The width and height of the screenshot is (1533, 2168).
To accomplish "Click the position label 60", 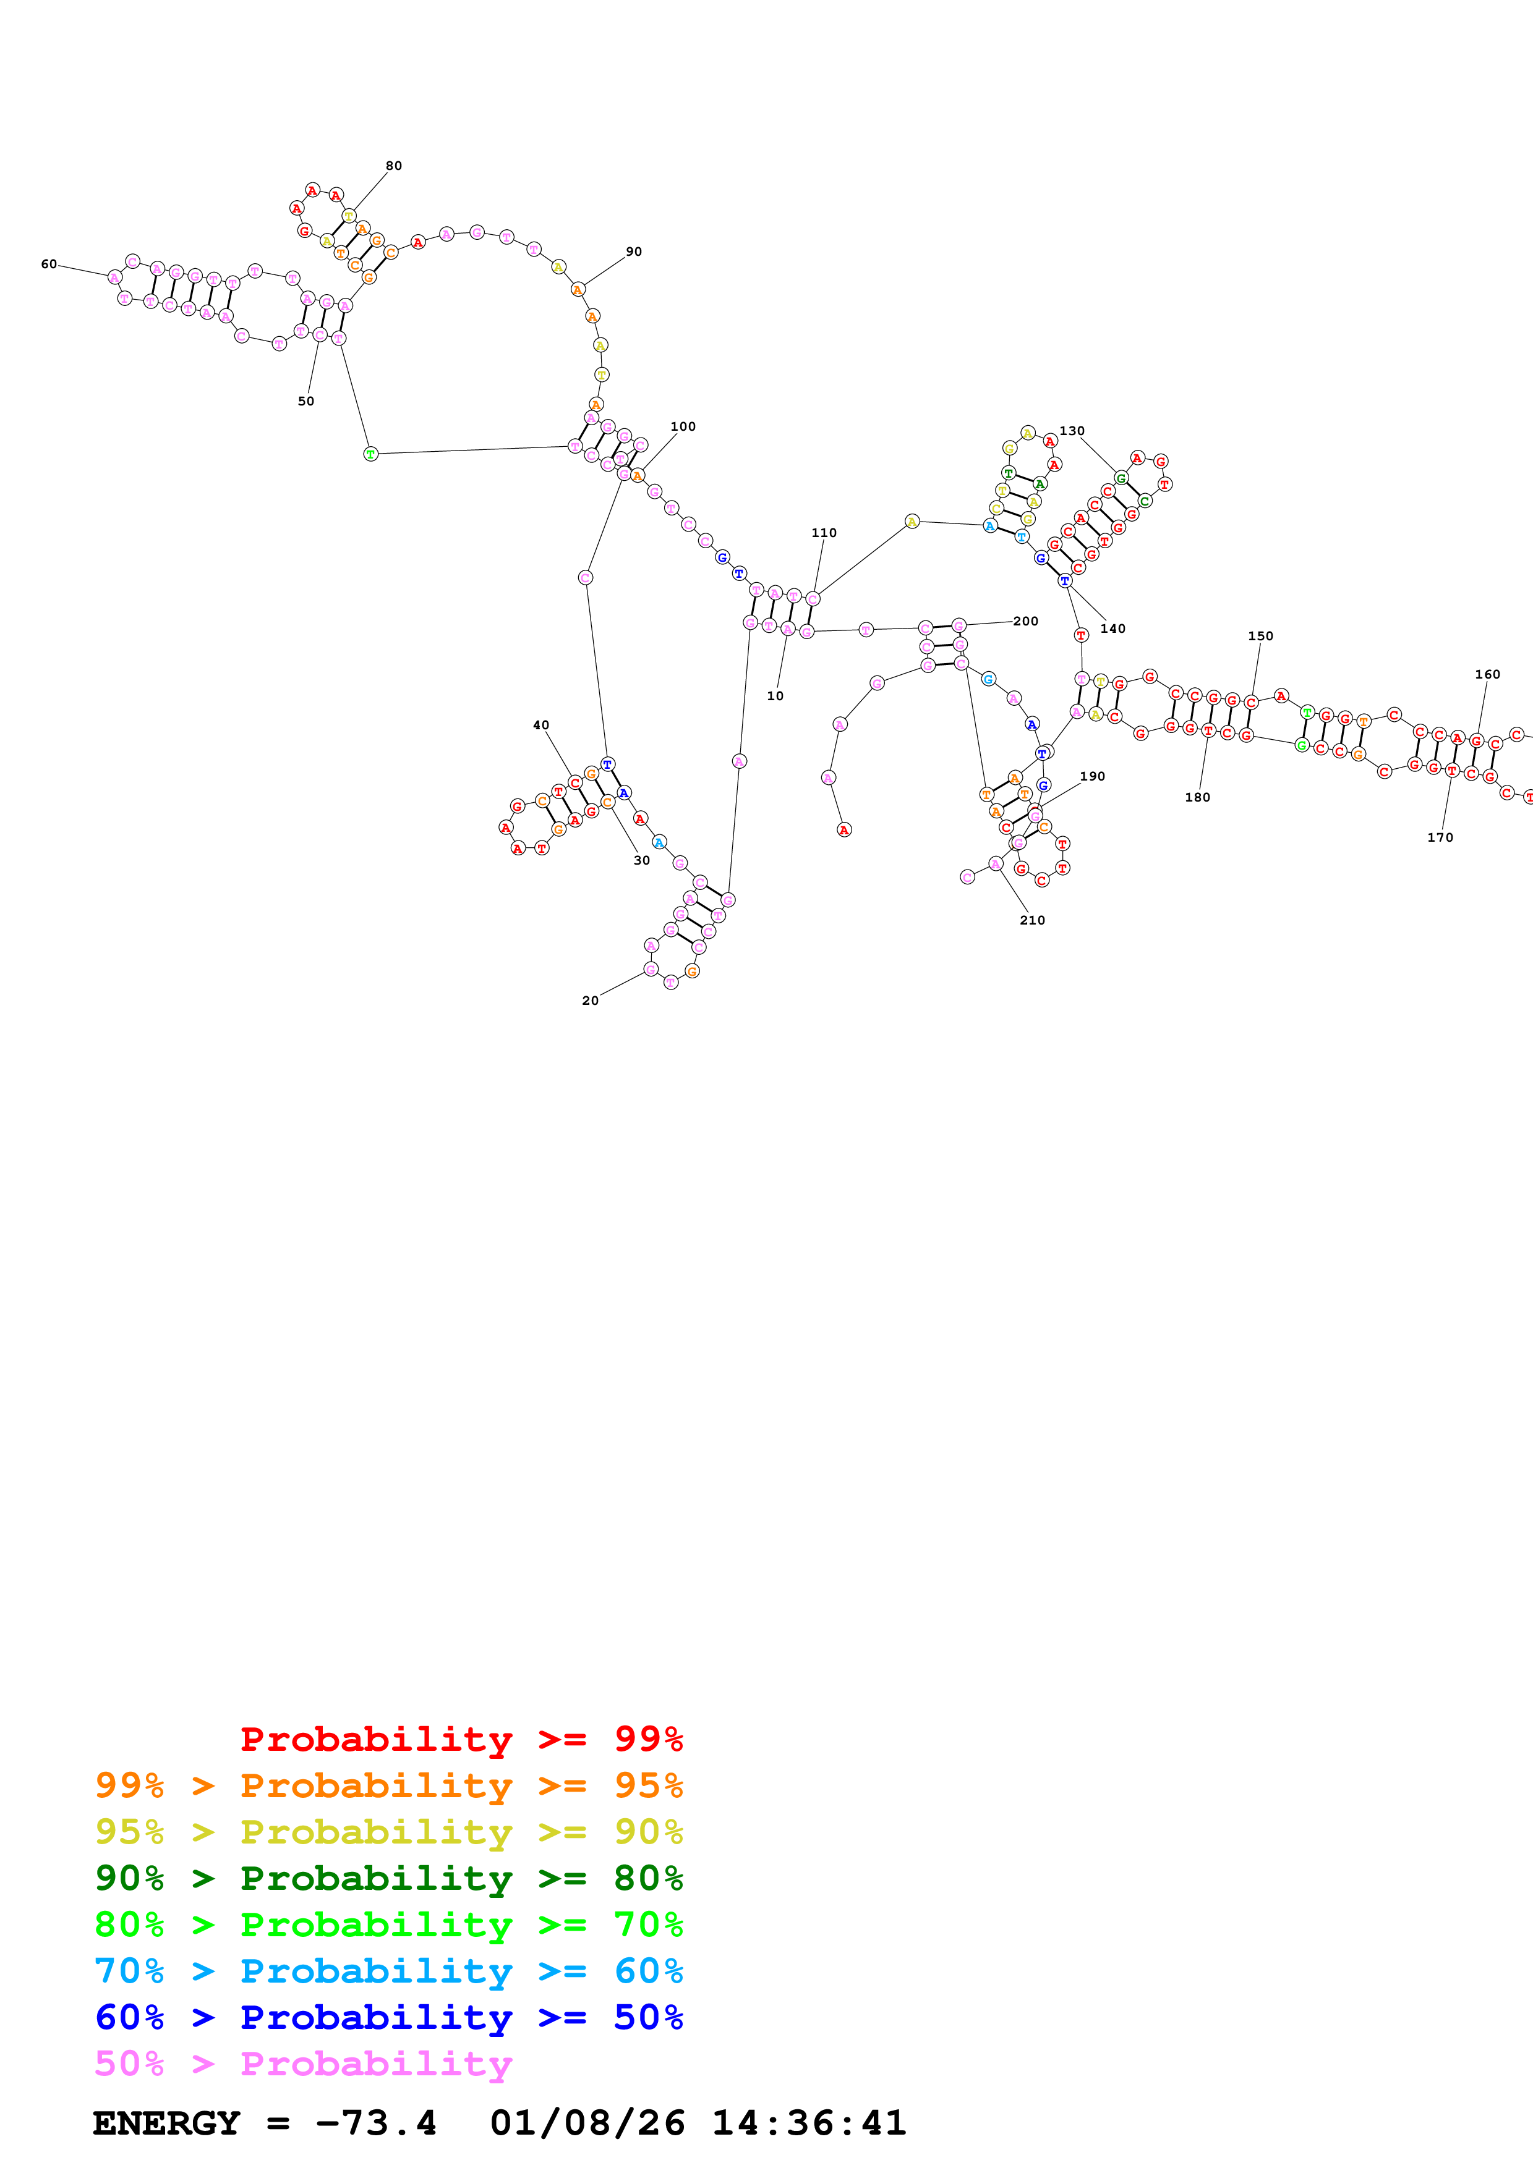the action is [x=49, y=265].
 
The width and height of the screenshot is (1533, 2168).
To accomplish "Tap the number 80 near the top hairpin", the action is [x=394, y=166].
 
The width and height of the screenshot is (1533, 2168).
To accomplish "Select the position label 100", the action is [x=683, y=427].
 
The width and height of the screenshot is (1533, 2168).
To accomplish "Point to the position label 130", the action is [x=1072, y=431].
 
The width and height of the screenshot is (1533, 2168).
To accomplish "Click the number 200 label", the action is [x=1026, y=621].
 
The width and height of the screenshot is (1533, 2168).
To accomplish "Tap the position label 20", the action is [x=591, y=1001].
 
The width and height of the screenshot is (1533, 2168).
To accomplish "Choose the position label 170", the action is [x=1440, y=837].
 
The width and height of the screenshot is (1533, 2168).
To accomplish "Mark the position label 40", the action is [x=541, y=725].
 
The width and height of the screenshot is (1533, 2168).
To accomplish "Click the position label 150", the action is [x=1261, y=637].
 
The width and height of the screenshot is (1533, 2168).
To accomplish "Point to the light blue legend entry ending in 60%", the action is [x=389, y=1971].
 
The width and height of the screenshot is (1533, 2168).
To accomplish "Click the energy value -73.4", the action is [x=376, y=2124].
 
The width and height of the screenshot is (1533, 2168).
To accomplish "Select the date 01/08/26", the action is [x=587, y=2124].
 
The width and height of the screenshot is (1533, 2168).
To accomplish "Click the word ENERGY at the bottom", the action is [x=166, y=2124].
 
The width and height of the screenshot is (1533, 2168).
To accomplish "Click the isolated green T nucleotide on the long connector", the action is [x=371, y=454].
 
